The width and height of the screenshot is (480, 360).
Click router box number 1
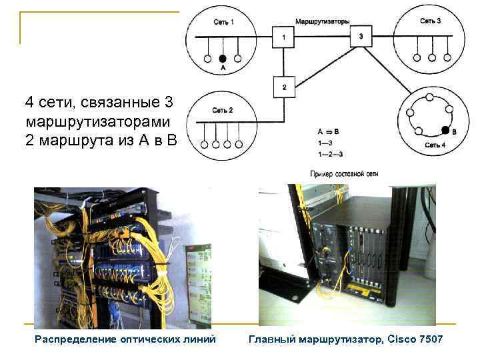click(x=284, y=37)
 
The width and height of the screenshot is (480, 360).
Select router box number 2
click(x=284, y=87)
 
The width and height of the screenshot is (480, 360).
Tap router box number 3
click(x=361, y=36)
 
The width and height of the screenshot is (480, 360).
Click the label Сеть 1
click(x=223, y=22)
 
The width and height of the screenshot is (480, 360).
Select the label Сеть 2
click(x=222, y=110)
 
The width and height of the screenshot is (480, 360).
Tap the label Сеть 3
click(x=430, y=21)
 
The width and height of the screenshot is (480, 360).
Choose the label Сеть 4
click(x=436, y=145)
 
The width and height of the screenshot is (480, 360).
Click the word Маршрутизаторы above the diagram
click(x=323, y=21)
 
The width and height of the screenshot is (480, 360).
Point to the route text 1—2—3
click(x=331, y=153)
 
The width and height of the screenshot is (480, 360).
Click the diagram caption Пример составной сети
click(x=345, y=173)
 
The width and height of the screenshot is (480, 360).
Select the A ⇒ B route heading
click(x=329, y=132)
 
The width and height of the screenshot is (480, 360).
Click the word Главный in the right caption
click(x=269, y=339)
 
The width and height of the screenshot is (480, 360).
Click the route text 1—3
click(x=327, y=143)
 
